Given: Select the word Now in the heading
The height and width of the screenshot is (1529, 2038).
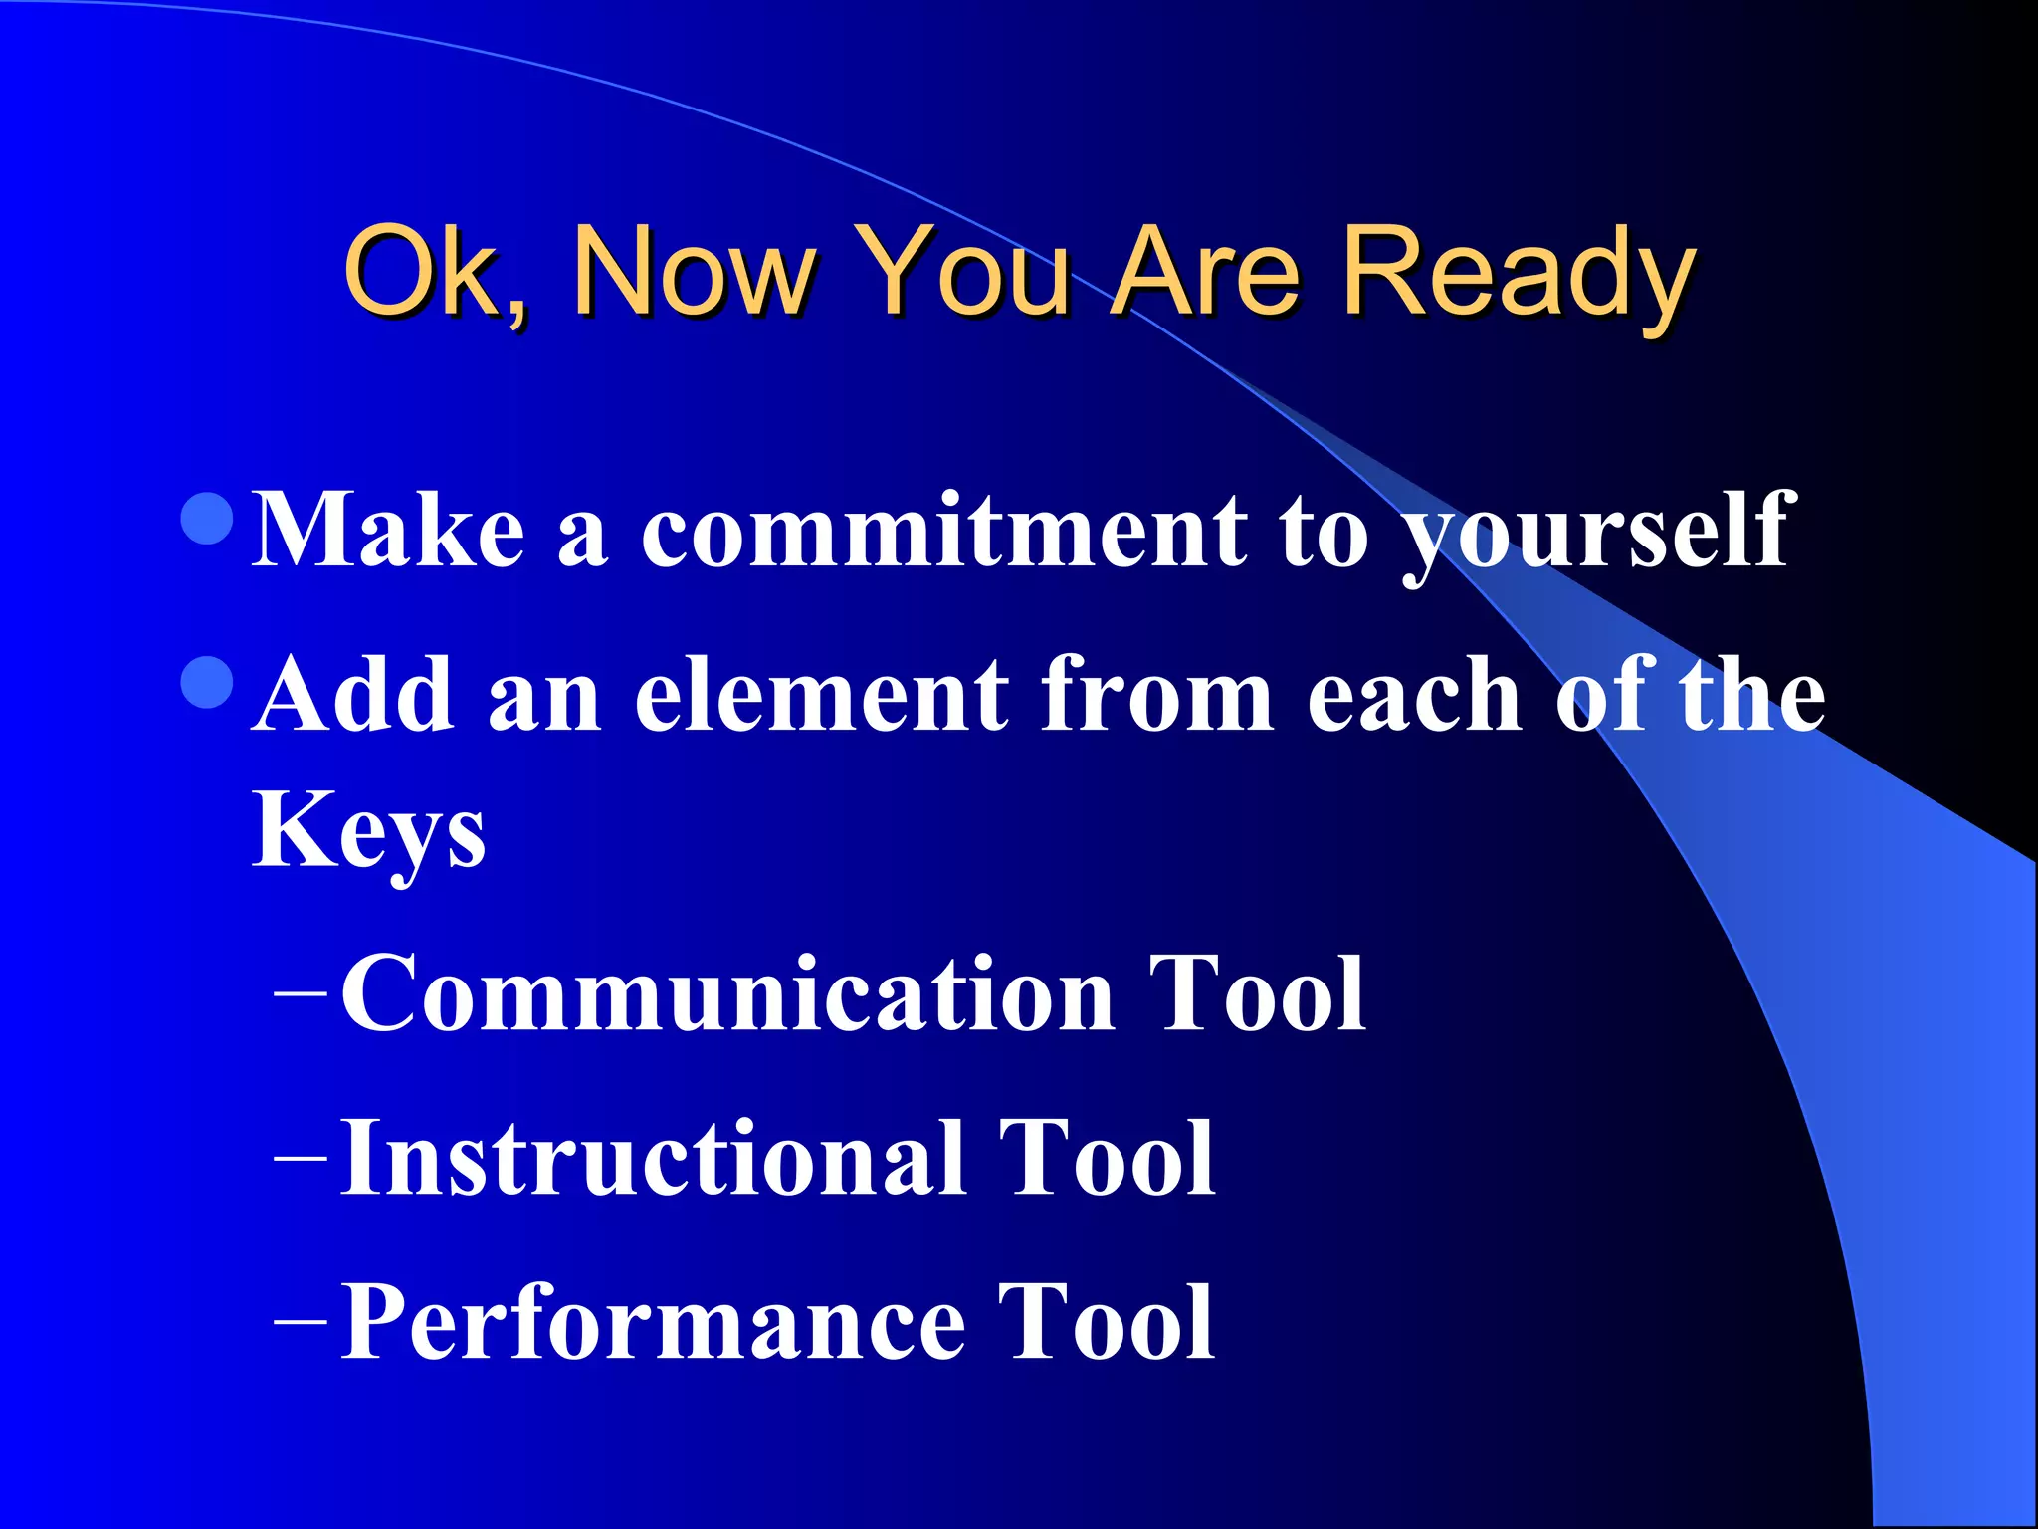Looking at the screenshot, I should coord(692,271).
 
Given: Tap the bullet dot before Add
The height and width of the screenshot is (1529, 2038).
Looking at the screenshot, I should coord(209,682).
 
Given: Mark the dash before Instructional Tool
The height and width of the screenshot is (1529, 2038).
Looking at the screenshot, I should coord(300,1158).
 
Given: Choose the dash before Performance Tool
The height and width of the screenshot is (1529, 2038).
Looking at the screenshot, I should coord(300,1322).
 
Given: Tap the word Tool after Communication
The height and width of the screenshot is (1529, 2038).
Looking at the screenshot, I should coord(1257,993).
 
